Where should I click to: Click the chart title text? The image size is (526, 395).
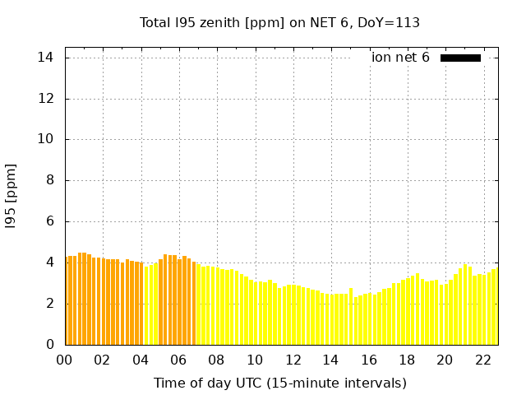pos(279,23)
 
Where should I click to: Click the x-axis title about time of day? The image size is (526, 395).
pos(279,383)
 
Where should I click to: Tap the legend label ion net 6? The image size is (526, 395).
pos(400,58)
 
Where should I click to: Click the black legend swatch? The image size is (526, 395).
pos(460,58)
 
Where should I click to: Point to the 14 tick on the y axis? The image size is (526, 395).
pos(46,58)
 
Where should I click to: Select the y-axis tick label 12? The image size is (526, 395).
pos(46,99)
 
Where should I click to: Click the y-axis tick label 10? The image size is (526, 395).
pos(46,139)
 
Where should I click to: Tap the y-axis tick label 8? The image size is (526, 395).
pos(49,180)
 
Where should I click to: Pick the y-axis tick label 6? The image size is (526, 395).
pos(49,221)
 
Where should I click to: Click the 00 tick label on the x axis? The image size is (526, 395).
pos(64,360)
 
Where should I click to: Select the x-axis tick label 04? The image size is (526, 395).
pos(141,360)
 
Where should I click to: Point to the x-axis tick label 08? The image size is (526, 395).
pos(216,360)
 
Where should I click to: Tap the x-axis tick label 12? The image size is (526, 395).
pos(293,360)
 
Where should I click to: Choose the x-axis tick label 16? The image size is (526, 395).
pos(368,360)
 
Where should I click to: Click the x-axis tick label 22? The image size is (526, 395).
pos(482,360)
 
